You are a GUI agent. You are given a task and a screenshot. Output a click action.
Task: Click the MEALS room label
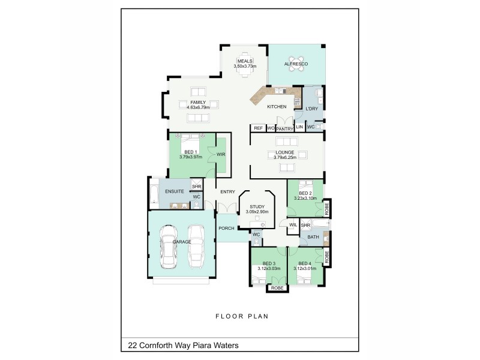[x=244, y=61]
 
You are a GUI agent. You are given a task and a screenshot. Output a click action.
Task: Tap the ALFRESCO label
[x=296, y=64]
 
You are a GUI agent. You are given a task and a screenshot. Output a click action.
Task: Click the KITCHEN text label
[x=277, y=106]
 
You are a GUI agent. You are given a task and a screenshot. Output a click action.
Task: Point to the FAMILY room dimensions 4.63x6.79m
[x=197, y=107]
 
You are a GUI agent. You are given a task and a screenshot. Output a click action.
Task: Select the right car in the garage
[x=197, y=247]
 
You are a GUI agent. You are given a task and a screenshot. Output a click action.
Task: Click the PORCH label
[x=226, y=228]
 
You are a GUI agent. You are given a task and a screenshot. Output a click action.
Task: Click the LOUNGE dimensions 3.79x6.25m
[x=284, y=158]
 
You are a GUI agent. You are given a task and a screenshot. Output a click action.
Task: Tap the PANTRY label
[x=284, y=128]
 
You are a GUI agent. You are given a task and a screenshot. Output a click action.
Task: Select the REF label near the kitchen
[x=258, y=128]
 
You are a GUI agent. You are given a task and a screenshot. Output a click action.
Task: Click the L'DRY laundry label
[x=311, y=109]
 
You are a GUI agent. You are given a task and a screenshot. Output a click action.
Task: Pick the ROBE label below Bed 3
[x=277, y=289]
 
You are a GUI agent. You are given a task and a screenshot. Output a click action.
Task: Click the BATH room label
[x=313, y=237]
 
